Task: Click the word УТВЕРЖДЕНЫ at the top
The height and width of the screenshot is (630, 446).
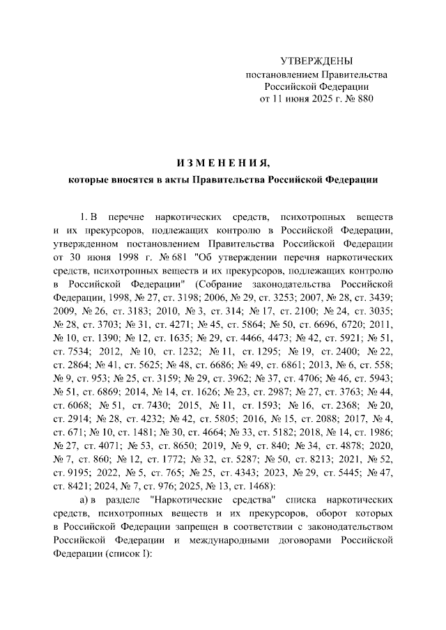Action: [x=316, y=61]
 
